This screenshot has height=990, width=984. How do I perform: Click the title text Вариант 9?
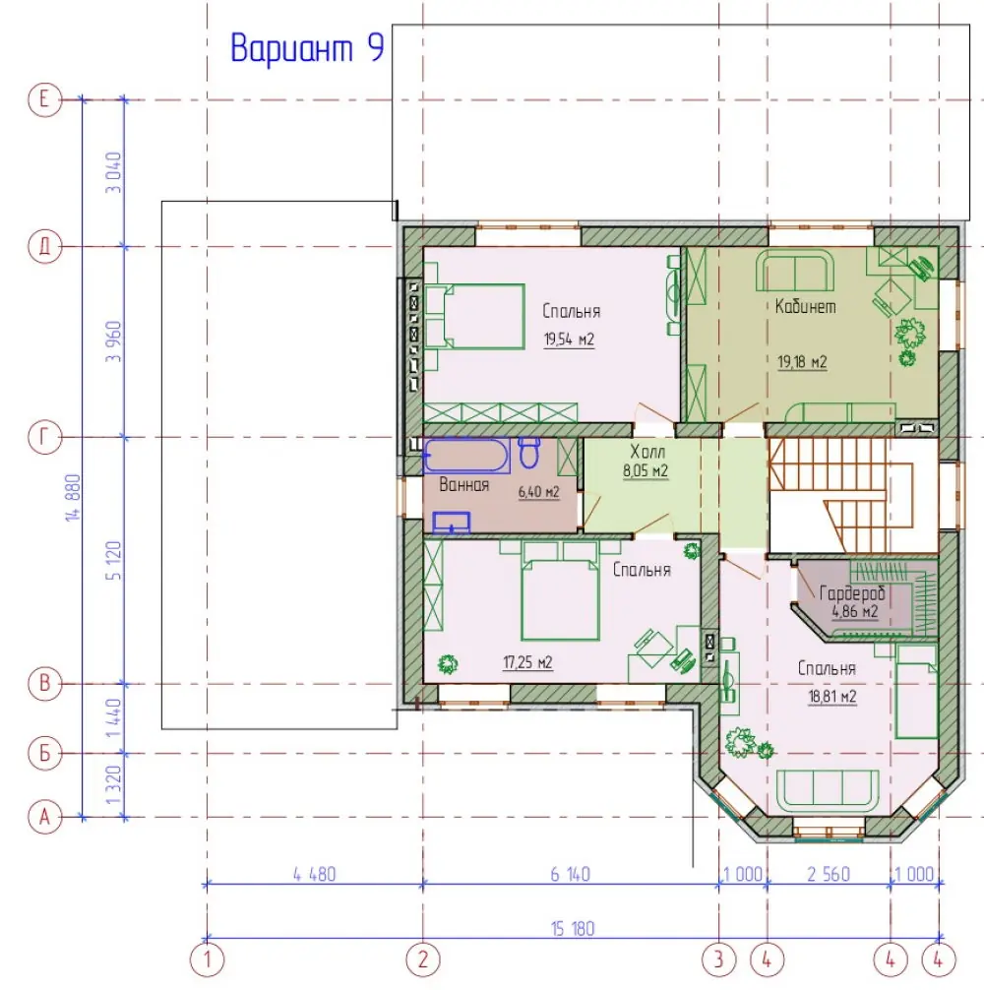pos(307,47)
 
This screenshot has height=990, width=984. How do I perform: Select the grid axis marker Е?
pos(45,99)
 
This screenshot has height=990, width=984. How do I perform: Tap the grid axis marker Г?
pos(45,437)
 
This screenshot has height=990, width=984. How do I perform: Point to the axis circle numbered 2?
pos(423,959)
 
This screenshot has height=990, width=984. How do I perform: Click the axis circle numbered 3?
pos(719,959)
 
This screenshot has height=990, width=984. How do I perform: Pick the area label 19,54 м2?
pos(569,340)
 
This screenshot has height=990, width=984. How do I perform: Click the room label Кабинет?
pos(805,306)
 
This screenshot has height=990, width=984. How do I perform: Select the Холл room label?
pos(647,452)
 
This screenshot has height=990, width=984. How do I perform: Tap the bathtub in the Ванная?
pos(466,456)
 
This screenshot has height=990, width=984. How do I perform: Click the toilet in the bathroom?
pos(529,452)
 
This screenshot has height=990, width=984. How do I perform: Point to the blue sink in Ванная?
pos(452,523)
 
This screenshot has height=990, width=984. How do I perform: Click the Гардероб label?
pos(852,592)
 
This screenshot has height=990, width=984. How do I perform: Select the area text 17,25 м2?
pos(527,662)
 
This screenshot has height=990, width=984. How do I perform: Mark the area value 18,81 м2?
pos(832,697)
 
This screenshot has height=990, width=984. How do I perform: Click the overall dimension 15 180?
pos(573,929)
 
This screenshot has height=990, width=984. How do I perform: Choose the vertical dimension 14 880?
pos(73,498)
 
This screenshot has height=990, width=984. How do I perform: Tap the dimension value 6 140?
pos(570,874)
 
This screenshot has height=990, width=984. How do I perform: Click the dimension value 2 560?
pos(829,874)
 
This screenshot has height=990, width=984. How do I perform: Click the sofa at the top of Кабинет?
pos(795,271)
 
